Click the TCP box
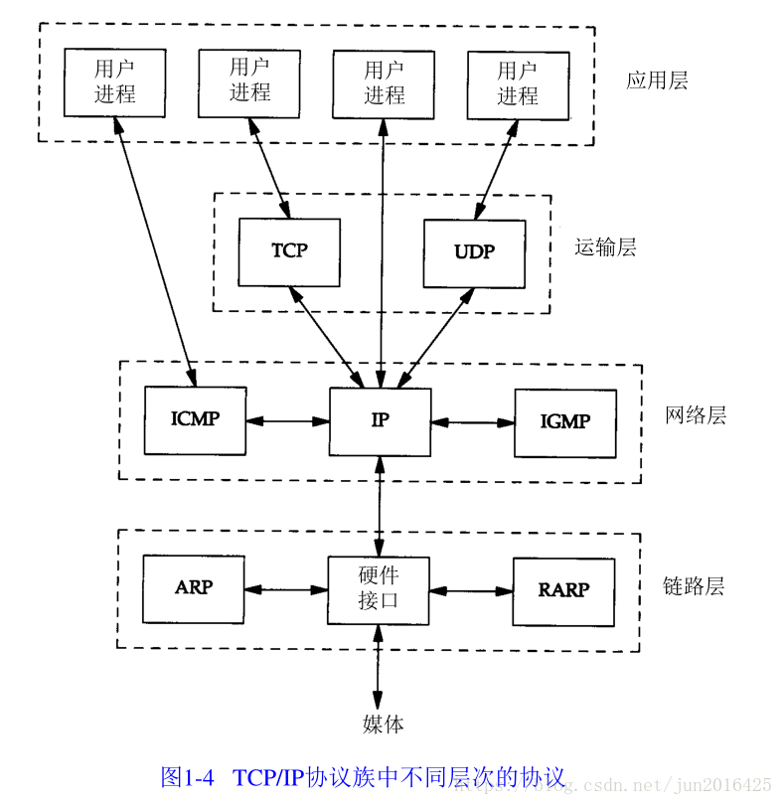289,252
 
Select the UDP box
474,252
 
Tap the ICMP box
195,419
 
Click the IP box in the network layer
380,421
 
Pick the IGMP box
564,422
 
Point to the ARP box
194,588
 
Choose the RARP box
563,590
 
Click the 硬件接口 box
379,589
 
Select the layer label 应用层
657,80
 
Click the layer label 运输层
605,247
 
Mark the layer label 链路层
694,586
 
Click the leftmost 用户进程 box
114,81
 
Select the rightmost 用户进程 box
518,83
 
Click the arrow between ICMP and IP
287,420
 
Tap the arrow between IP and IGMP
473,422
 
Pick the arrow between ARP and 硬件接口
286,589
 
